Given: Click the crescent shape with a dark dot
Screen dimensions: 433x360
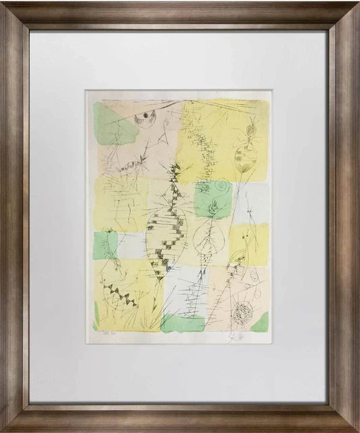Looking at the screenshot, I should (144, 119).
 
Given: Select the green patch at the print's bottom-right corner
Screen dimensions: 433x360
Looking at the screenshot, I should (261, 321).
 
